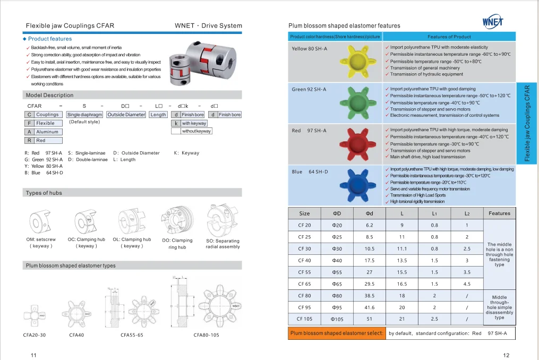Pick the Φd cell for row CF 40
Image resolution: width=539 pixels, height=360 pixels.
(370, 261)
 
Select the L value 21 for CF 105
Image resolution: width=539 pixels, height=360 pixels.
(402, 320)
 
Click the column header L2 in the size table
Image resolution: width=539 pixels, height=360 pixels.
(467, 213)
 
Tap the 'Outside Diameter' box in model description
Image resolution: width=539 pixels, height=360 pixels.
(126, 115)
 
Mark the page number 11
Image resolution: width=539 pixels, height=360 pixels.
(33, 354)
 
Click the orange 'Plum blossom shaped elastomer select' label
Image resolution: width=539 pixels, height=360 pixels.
(337, 333)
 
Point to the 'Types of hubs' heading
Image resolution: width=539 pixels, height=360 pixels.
(44, 193)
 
